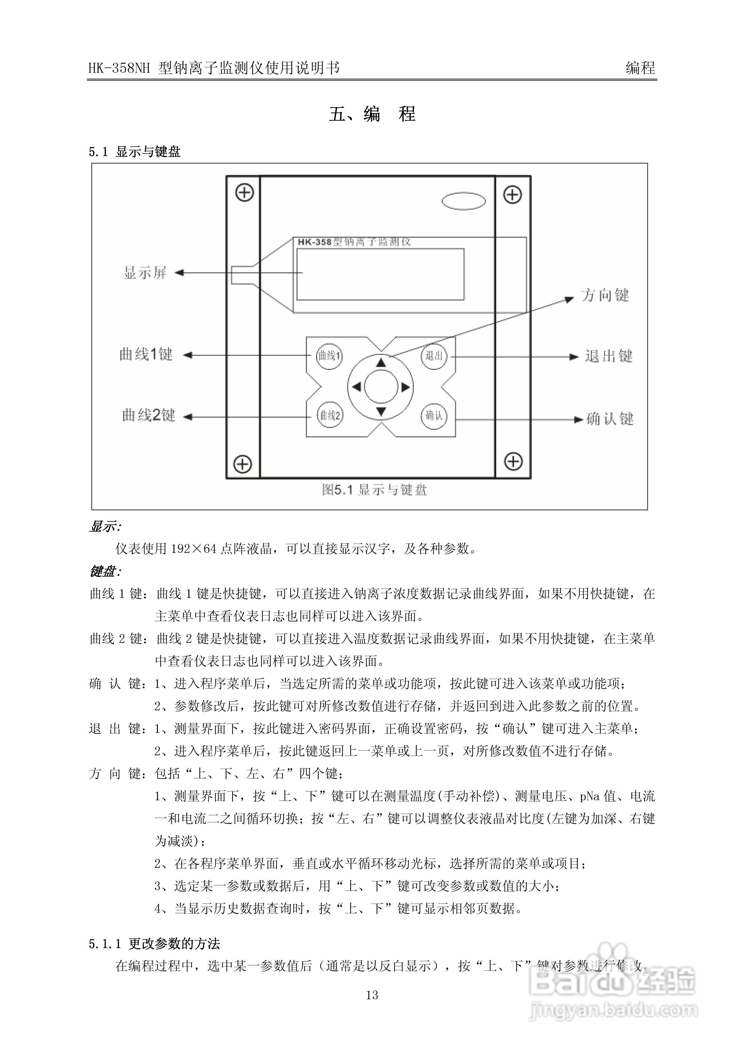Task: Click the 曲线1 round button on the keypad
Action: click(329, 355)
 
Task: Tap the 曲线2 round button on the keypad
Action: click(330, 415)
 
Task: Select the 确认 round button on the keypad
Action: click(434, 415)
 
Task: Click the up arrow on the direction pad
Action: click(381, 363)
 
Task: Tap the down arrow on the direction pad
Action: click(381, 411)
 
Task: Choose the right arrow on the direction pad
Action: click(405, 388)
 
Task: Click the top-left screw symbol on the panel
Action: click(244, 193)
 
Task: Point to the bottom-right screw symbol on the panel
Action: click(513, 461)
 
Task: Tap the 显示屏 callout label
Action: click(145, 273)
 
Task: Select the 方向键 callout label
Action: click(605, 295)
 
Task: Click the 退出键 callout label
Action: click(608, 356)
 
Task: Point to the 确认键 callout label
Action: click(610, 419)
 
